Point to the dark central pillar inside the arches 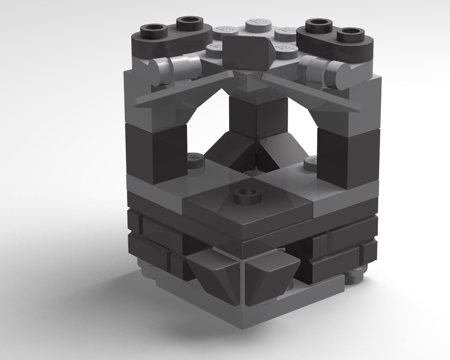pyautogui.click(x=258, y=117)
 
